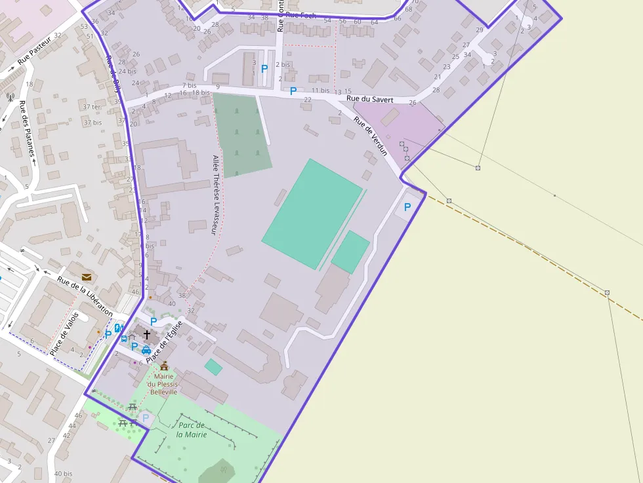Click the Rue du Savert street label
coord(370,100)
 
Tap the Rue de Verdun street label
coord(371,136)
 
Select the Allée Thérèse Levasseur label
coord(215,195)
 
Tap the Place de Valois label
coord(64,334)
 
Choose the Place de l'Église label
coord(163,345)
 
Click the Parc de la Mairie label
coord(192,429)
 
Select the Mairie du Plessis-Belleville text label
coord(164,384)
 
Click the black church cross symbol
coord(146,335)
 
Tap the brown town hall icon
coord(164,366)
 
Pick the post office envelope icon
coord(87,278)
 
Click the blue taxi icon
coord(146,350)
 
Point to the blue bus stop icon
coord(124,338)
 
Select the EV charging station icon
coord(118,328)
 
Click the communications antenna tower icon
coord(10,97)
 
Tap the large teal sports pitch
coord(312,213)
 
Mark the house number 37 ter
coord(92,107)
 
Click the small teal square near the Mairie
coord(213,367)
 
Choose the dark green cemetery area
coord(241,134)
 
